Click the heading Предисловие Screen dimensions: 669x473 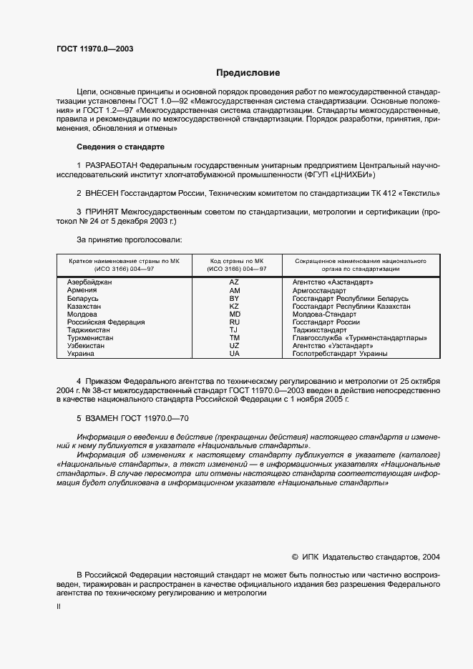pyautogui.click(x=248, y=73)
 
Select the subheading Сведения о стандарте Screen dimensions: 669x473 pyautogui.click(x=120, y=147)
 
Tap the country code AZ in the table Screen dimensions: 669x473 pyautogui.click(x=234, y=282)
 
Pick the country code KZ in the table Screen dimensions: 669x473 pyautogui.click(x=234, y=306)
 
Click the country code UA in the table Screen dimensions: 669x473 pyautogui.click(x=234, y=353)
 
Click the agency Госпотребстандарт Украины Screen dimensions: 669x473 pyautogui.click(x=340, y=353)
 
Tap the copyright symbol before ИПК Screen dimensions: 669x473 pyautogui.click(x=296, y=556)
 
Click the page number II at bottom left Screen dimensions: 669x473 pyautogui.click(x=59, y=606)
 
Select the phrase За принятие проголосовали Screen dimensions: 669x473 pyautogui.click(x=129, y=239)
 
